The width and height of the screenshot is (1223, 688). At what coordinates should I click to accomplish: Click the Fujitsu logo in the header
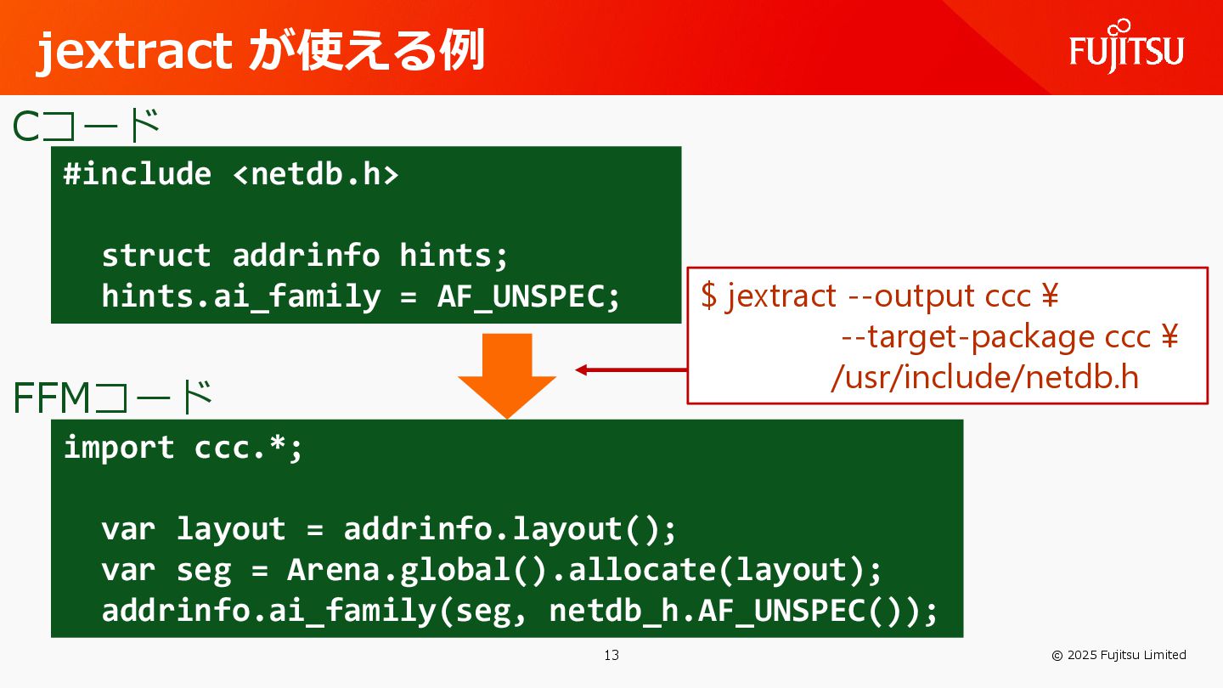[1126, 48]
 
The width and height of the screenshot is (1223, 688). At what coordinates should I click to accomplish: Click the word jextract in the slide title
[134, 51]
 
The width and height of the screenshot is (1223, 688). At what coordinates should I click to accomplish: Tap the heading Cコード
[87, 127]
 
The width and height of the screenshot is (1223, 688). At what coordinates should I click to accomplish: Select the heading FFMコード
[112, 398]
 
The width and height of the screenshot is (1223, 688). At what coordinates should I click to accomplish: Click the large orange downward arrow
[507, 374]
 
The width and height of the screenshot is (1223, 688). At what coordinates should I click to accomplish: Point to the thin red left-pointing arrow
[630, 369]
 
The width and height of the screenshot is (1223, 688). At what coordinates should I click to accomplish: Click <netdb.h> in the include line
[315, 174]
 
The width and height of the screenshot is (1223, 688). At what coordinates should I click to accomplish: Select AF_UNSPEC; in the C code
[529, 296]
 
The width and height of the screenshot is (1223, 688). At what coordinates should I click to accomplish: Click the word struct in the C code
[156, 255]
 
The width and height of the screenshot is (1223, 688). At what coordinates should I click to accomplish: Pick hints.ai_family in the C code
[240, 296]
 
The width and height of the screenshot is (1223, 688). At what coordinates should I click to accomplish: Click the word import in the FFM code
[119, 448]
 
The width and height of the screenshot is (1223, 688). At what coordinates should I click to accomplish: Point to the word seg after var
[204, 570]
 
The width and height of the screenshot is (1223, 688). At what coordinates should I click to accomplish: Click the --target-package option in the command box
[967, 337]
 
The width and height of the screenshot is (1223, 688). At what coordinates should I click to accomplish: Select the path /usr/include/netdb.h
[984, 377]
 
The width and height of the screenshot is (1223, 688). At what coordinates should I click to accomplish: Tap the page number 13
[611, 655]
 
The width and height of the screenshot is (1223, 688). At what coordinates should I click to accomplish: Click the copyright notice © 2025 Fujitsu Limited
[1119, 655]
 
